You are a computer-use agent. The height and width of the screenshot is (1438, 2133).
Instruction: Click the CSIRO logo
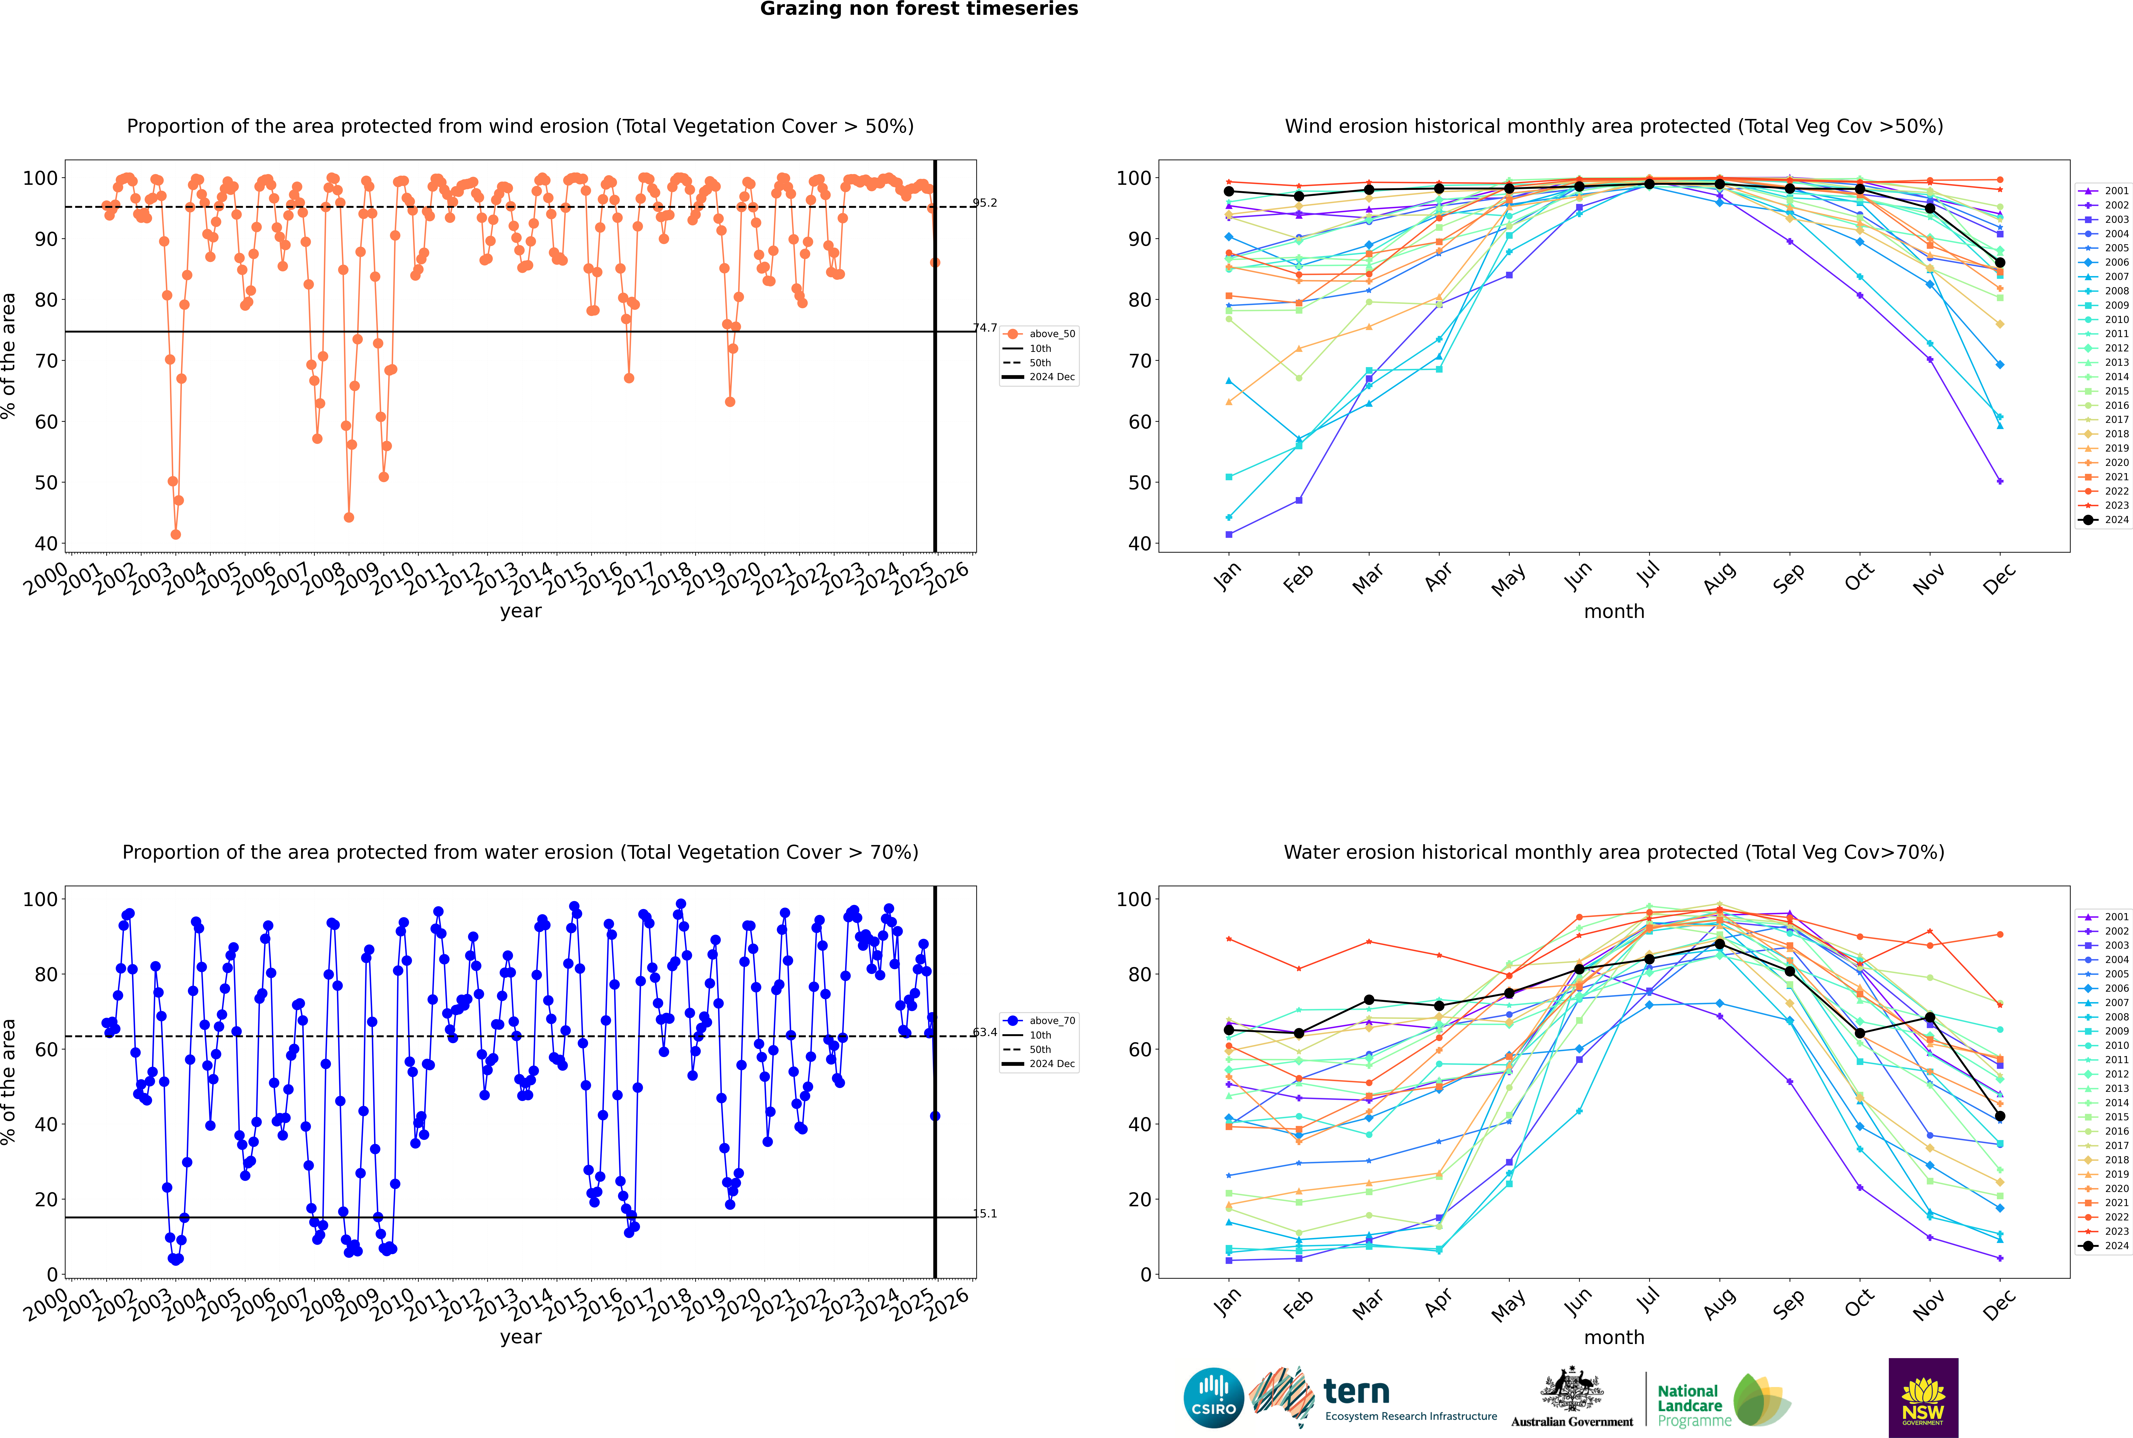pos(1213,1398)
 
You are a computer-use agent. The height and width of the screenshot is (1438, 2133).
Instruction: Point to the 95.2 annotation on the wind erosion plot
pos(985,203)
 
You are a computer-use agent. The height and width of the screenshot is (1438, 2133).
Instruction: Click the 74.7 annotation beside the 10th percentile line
pos(985,327)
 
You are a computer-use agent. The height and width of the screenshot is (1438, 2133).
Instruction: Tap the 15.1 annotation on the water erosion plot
pos(985,1213)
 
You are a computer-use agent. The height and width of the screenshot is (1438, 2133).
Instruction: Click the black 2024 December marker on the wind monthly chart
pos(2000,262)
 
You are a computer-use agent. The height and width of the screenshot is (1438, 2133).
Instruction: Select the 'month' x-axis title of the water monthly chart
pos(1614,1337)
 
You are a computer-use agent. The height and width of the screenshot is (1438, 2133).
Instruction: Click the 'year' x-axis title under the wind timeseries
pos(521,611)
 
